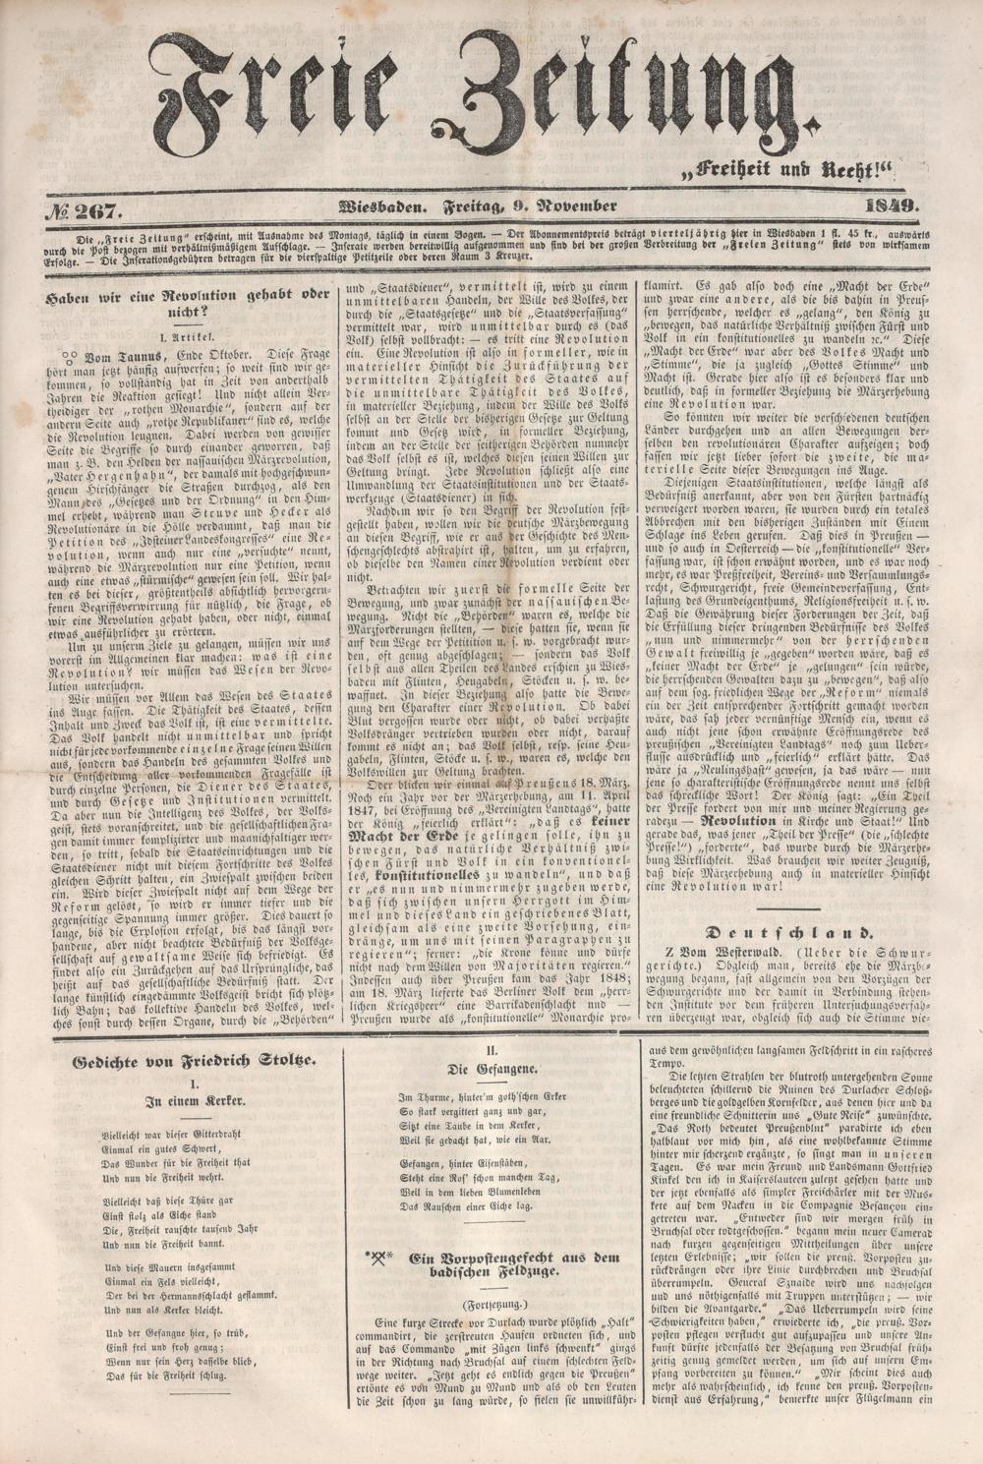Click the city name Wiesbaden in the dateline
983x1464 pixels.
381,206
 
